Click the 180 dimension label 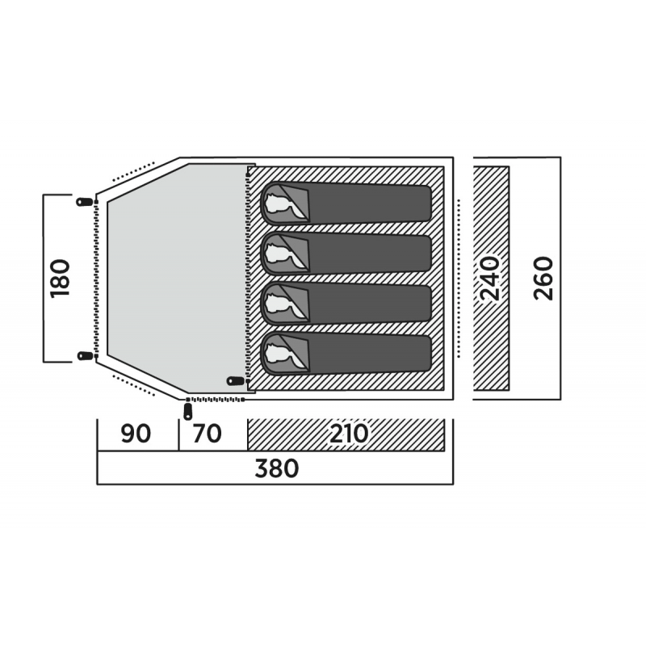(61, 277)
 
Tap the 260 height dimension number (543, 278)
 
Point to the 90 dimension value (136, 434)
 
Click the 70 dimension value (207, 434)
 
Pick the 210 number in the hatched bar (349, 434)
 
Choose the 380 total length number (278, 468)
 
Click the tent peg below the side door (188, 411)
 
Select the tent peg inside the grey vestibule (236, 380)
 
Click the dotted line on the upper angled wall (133, 170)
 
